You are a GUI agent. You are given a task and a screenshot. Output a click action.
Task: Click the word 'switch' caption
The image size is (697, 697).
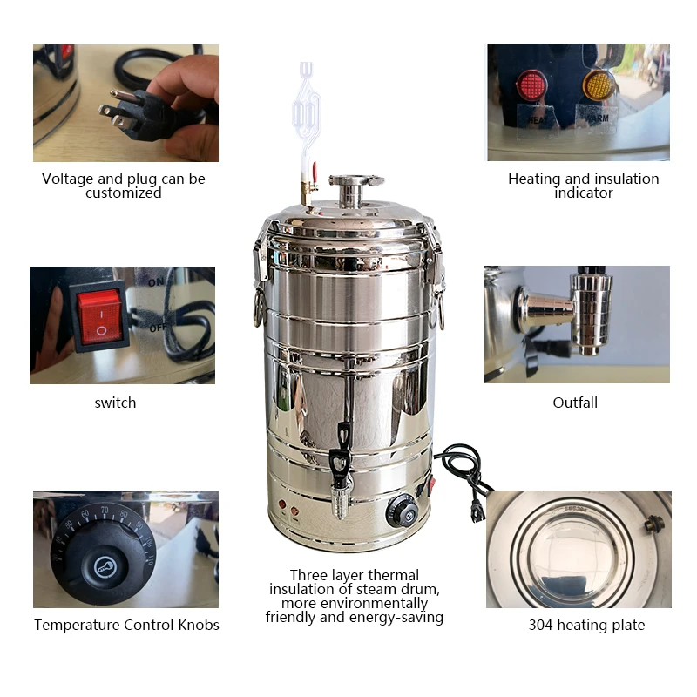tap(115, 403)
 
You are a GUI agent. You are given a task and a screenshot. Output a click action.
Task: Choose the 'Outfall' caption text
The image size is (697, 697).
tap(575, 403)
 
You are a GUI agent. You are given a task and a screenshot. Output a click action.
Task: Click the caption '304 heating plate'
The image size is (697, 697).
tap(586, 625)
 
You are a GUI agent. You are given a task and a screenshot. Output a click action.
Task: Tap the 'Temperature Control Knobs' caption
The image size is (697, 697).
tap(126, 625)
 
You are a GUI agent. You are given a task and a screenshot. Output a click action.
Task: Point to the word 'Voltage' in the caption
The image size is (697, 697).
tap(67, 179)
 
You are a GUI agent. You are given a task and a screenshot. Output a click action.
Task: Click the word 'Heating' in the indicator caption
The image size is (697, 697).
tap(534, 179)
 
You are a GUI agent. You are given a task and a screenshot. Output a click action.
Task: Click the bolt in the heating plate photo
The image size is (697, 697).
tap(653, 523)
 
